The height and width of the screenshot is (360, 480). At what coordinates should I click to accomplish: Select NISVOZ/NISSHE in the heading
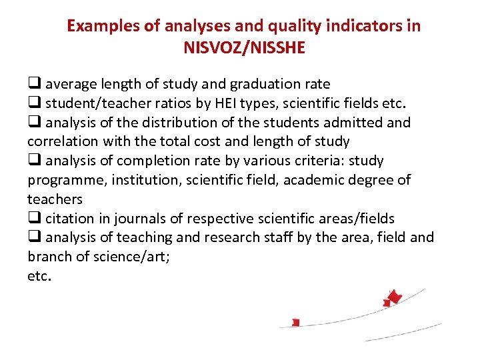coord(243,48)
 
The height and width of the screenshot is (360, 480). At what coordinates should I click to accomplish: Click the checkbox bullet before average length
coord(33,84)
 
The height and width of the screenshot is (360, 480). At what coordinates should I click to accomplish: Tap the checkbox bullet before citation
coord(33,219)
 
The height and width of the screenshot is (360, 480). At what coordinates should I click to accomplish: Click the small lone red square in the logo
coord(296,323)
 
